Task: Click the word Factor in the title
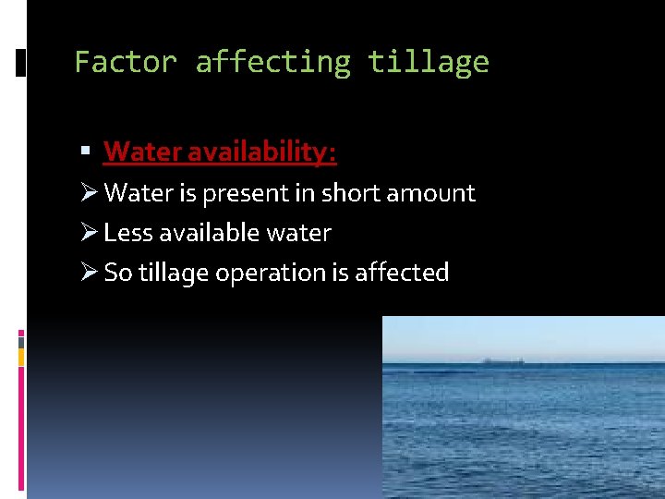(x=125, y=63)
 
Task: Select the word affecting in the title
(x=273, y=63)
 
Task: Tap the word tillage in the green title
(x=429, y=63)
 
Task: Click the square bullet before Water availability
(x=85, y=151)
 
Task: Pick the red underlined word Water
(x=139, y=151)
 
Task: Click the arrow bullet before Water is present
(x=89, y=192)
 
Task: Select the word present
(x=251, y=193)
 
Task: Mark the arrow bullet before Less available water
(x=89, y=232)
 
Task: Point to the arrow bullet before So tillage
(x=89, y=272)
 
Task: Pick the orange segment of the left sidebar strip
(x=21, y=357)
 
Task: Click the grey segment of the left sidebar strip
(x=21, y=341)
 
